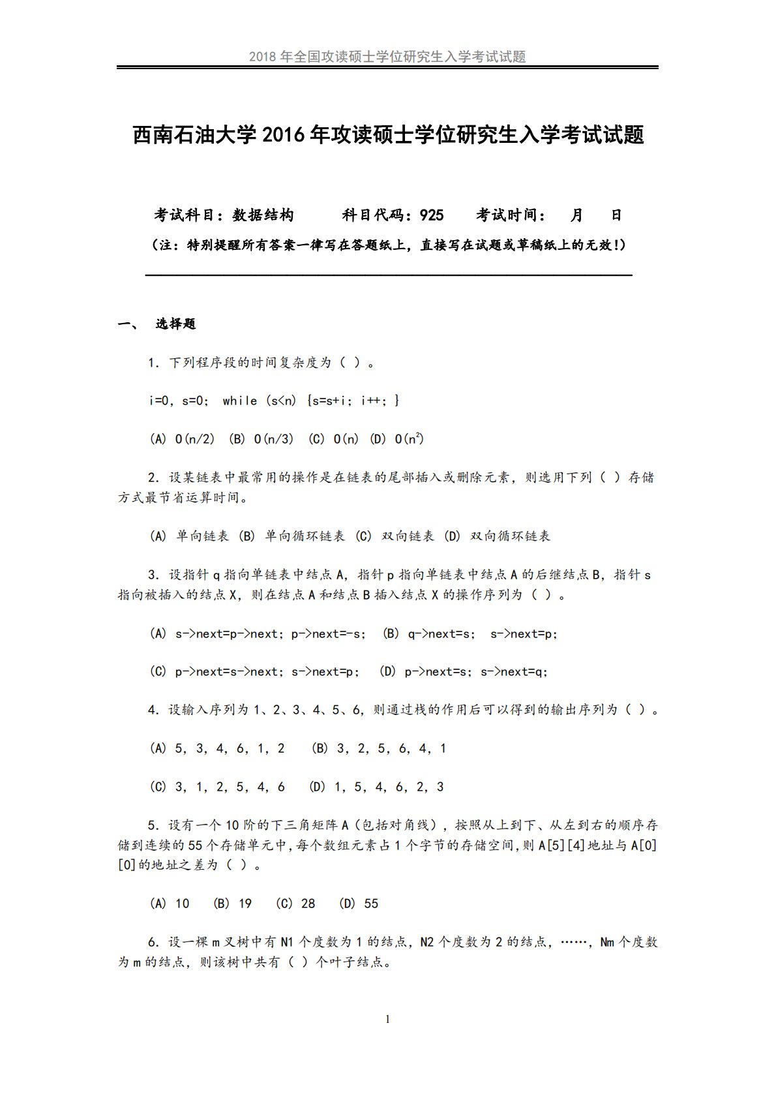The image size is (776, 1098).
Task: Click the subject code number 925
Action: [432, 215]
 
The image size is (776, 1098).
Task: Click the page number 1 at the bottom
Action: [388, 1019]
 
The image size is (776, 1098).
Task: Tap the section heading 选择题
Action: [175, 324]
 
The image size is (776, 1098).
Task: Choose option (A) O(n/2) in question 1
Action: [182, 439]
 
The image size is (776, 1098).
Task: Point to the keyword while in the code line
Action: [239, 401]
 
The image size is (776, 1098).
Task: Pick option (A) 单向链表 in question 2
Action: [189, 536]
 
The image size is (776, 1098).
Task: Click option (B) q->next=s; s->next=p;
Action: [470, 633]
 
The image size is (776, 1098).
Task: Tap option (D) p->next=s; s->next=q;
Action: [464, 671]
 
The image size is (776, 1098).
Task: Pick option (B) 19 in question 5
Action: [232, 904]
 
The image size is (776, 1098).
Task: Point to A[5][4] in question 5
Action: [561, 846]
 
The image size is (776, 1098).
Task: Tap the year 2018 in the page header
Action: [263, 57]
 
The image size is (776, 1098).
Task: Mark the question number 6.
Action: [153, 942]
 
